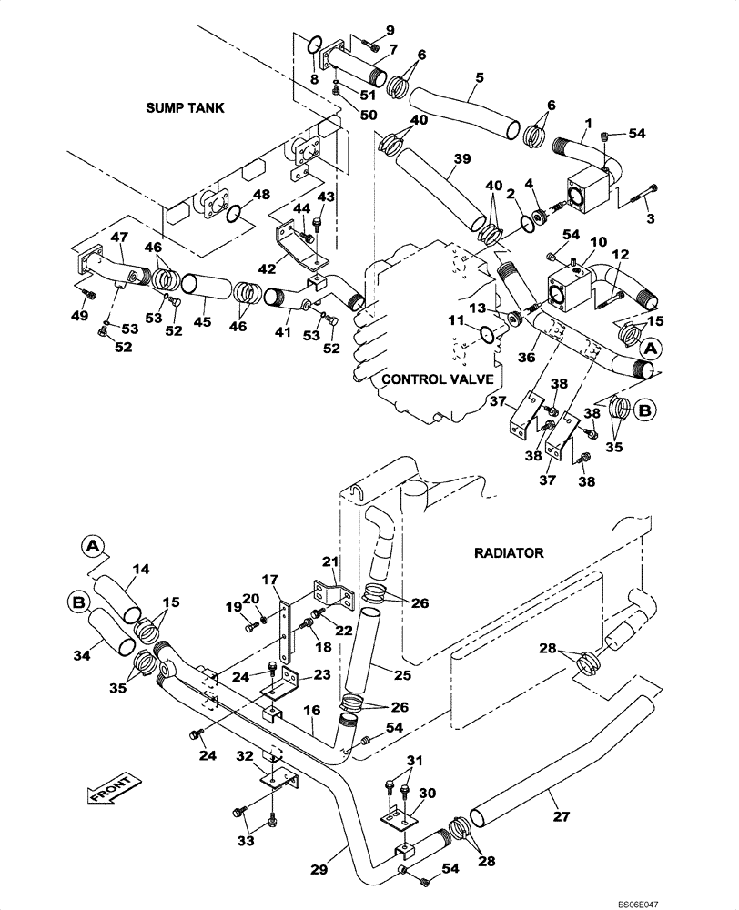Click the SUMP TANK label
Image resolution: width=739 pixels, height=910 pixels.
(185, 107)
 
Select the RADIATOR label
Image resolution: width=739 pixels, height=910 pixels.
(508, 552)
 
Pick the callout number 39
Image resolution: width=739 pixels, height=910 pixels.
(461, 160)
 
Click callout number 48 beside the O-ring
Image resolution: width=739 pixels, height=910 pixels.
(261, 195)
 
